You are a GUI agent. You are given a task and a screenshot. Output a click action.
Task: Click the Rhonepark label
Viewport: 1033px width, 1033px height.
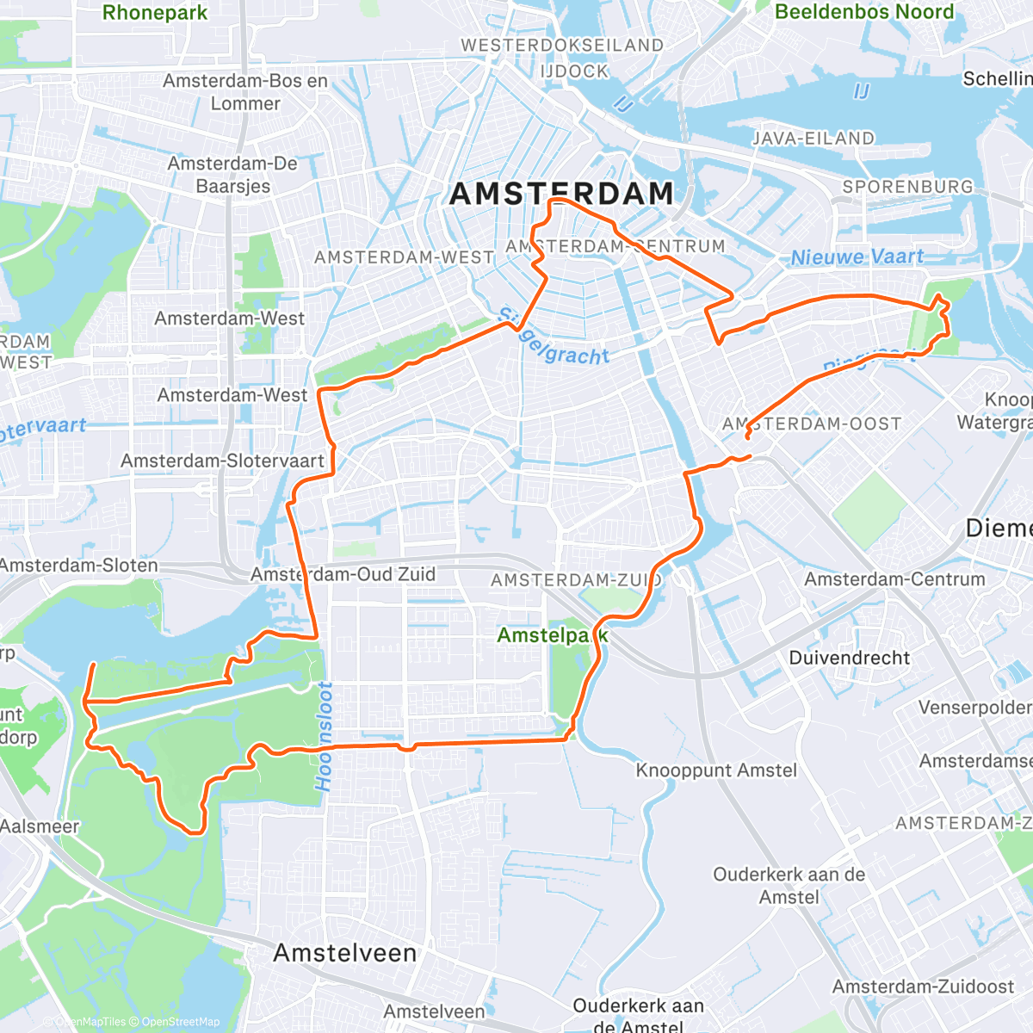[155, 13]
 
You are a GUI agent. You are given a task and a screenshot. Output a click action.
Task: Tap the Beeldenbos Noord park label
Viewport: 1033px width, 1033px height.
[864, 12]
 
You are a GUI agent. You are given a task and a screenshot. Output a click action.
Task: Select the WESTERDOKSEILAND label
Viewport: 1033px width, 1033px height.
[562, 46]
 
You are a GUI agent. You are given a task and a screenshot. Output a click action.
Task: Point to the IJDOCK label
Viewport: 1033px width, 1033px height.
[574, 71]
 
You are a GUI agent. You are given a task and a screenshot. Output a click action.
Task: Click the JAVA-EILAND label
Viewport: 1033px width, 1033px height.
[813, 139]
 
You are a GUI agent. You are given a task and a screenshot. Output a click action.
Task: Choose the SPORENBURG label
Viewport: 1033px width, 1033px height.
[907, 187]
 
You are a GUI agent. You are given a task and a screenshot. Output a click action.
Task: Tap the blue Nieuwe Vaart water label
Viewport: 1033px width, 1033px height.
[857, 257]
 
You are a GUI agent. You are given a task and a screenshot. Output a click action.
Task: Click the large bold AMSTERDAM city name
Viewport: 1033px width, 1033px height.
[561, 195]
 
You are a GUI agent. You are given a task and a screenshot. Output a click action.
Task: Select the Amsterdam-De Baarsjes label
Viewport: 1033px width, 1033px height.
[232, 175]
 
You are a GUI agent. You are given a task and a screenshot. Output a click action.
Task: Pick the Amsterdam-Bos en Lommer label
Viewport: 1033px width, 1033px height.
[245, 92]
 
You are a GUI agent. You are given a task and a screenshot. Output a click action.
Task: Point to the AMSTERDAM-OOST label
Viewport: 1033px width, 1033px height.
[812, 424]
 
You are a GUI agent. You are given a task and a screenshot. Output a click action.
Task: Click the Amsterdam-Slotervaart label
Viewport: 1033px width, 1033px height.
[222, 461]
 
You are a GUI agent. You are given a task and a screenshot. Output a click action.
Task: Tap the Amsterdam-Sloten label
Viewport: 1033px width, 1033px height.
[79, 566]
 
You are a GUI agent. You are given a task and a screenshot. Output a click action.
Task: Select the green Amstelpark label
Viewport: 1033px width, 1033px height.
[553, 635]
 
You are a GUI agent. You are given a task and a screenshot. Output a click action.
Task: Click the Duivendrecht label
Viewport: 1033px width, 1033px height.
[849, 658]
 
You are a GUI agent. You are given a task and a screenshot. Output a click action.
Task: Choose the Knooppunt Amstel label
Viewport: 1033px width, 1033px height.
[716, 770]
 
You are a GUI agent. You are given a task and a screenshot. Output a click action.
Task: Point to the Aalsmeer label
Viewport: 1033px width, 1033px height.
[40, 826]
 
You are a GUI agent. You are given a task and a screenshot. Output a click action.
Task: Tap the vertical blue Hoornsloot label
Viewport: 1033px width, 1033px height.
[324, 736]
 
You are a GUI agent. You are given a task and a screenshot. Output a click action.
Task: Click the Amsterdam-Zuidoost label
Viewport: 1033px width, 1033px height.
[923, 987]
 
